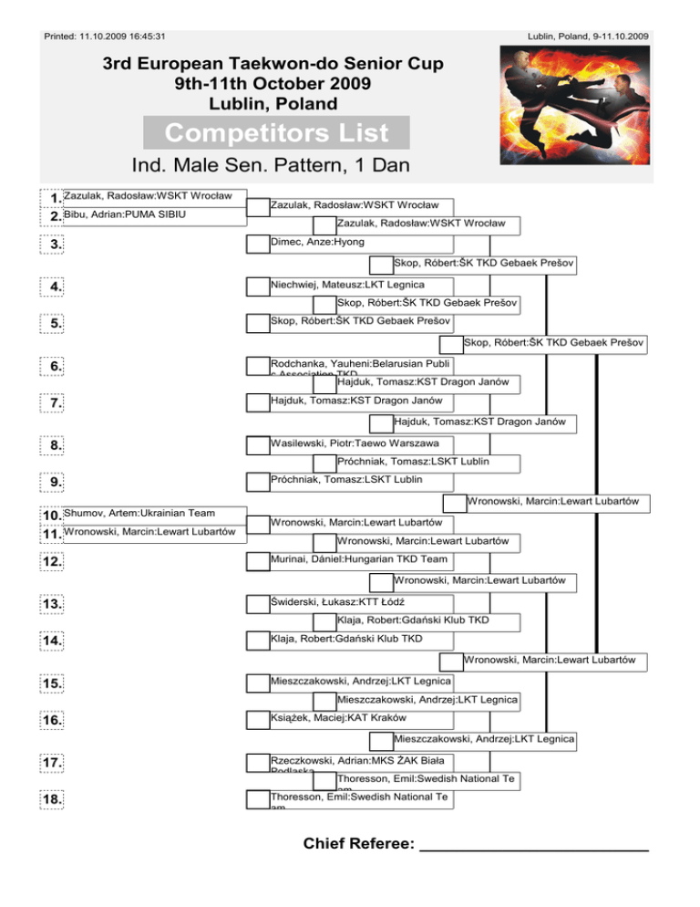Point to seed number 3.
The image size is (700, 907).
pos(57,244)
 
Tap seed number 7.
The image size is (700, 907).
pos(57,402)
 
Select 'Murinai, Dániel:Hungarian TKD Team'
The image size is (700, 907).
pos(351,558)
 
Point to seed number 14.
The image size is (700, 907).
pos(57,641)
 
